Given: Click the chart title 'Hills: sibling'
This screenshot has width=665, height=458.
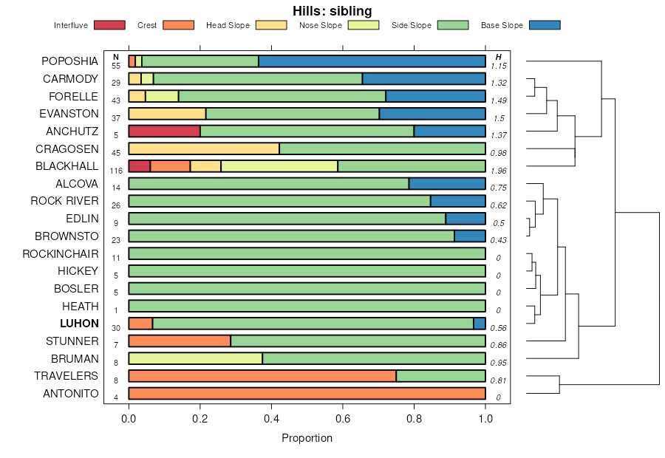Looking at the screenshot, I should click(x=332, y=10).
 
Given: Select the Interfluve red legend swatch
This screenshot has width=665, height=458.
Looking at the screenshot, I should click(x=109, y=25).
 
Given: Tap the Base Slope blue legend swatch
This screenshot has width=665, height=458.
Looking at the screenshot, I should click(x=545, y=25).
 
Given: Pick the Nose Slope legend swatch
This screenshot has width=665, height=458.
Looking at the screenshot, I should click(x=363, y=25).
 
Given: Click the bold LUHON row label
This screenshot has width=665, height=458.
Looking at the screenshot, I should click(x=80, y=324).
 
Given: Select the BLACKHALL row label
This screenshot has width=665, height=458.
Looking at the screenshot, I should click(x=66, y=166).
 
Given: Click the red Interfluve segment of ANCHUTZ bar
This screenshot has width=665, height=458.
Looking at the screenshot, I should click(x=164, y=131).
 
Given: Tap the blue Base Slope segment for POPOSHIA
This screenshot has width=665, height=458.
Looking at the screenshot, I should click(x=372, y=61).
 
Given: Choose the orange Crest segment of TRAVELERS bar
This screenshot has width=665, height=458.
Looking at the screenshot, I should click(x=262, y=376).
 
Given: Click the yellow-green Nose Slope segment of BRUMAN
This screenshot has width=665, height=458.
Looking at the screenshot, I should click(x=195, y=358).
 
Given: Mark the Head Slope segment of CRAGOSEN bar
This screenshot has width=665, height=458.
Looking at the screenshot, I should click(x=204, y=148).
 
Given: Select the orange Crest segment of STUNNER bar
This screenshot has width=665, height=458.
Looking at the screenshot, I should click(x=180, y=341).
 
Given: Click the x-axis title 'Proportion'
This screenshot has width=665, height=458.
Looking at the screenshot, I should click(x=307, y=438).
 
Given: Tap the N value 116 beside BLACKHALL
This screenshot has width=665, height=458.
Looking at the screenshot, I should click(x=116, y=171).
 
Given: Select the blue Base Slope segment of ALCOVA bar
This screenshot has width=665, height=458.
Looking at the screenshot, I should click(x=447, y=183).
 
